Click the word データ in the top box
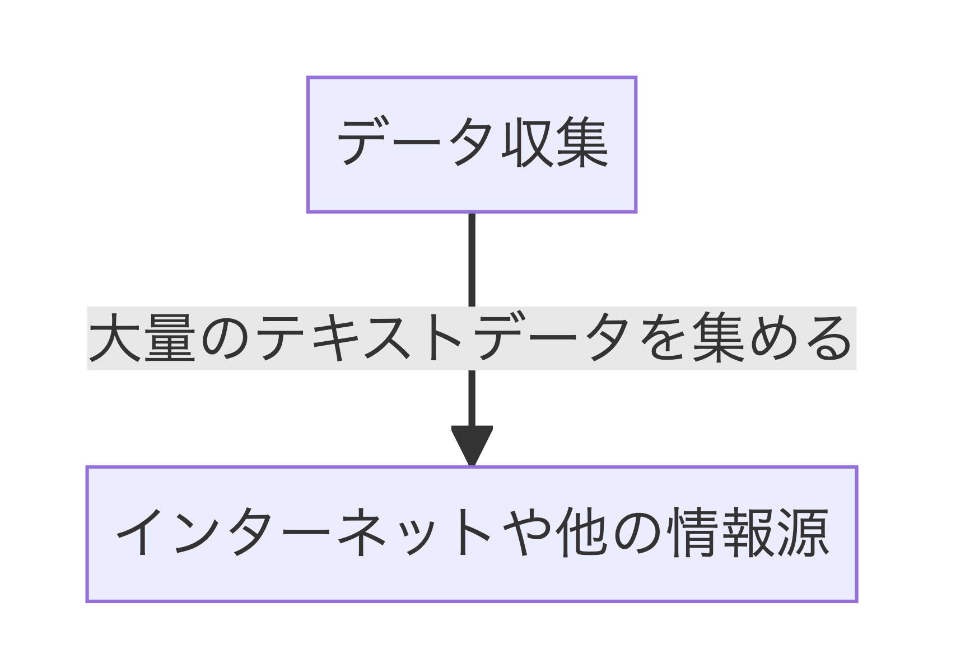[415, 142]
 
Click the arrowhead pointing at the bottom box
[472, 446]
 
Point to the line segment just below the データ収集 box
[472, 260]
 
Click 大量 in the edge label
[142, 338]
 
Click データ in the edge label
[551, 338]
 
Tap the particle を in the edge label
[661, 338]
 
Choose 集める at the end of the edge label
[772, 338]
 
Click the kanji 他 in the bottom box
[582, 533]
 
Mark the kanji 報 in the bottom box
[748, 533]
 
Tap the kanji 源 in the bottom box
[803, 533]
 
